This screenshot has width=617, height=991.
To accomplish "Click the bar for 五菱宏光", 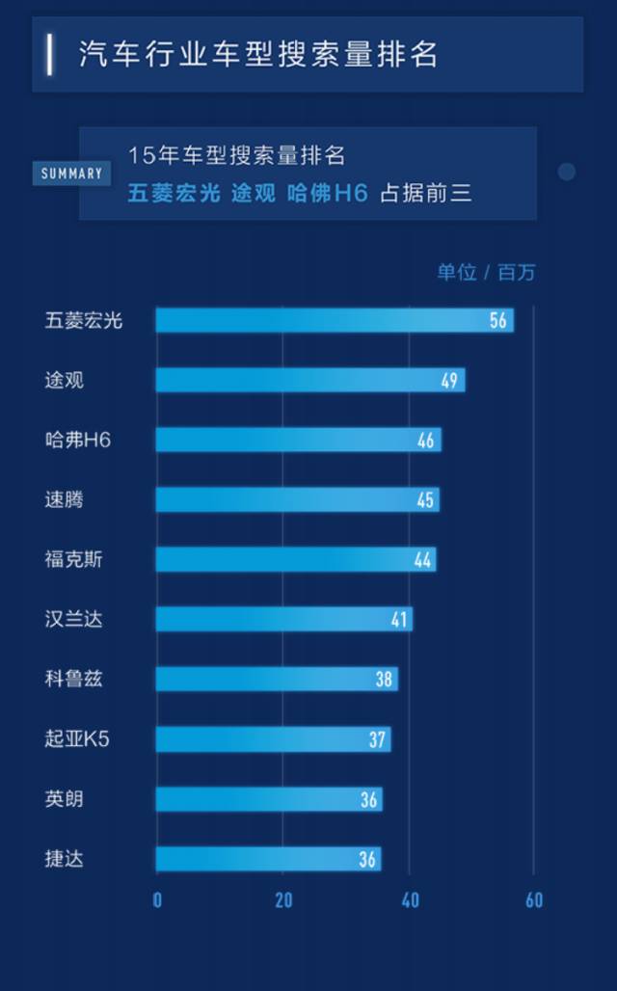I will [x=334, y=320].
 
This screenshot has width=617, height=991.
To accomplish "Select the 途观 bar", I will [x=309, y=380].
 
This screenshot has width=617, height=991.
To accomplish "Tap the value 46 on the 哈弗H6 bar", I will [x=426, y=441].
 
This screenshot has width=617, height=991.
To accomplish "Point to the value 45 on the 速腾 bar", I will [x=425, y=500].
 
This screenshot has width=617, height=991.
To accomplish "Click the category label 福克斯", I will [x=73, y=560].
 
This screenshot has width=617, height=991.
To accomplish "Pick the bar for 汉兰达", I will [x=283, y=619].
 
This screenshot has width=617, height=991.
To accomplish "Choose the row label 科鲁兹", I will [x=73, y=680].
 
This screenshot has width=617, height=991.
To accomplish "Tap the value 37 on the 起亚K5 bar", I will [x=377, y=739].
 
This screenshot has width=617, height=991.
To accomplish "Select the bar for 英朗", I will [x=268, y=799].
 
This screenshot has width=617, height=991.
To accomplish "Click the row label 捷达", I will [x=65, y=859].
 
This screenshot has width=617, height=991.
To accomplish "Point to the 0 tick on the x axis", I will [x=157, y=900].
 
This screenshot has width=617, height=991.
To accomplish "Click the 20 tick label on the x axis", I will [x=283, y=900].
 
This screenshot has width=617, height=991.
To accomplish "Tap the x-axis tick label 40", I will [x=410, y=900].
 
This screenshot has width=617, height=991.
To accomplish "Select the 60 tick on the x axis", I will [x=534, y=900].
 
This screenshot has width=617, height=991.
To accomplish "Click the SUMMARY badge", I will [x=72, y=174].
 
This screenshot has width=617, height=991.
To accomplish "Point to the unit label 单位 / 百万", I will [x=486, y=273].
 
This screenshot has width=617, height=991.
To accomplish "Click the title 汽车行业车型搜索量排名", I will [x=258, y=54].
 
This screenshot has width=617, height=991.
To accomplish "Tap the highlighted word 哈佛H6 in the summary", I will [x=328, y=194].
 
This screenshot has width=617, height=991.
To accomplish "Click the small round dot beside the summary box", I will [x=567, y=172].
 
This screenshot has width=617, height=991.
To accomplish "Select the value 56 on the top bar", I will [x=497, y=320].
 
